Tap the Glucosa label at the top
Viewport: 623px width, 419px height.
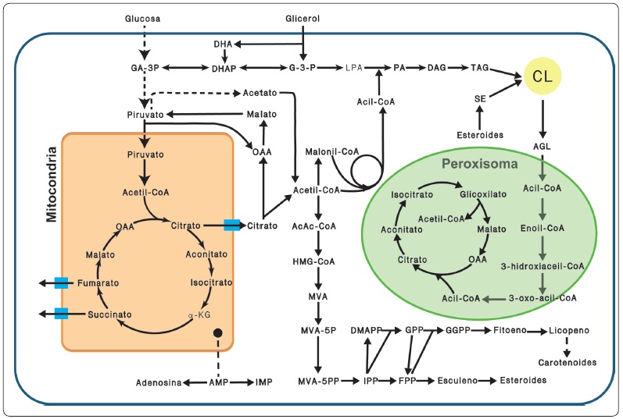point(142,17)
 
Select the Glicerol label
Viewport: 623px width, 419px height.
point(302,17)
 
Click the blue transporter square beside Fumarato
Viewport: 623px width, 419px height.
point(62,283)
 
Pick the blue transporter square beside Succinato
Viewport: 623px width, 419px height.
point(62,314)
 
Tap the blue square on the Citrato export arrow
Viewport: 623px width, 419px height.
point(231,225)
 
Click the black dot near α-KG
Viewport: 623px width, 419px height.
point(218,333)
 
